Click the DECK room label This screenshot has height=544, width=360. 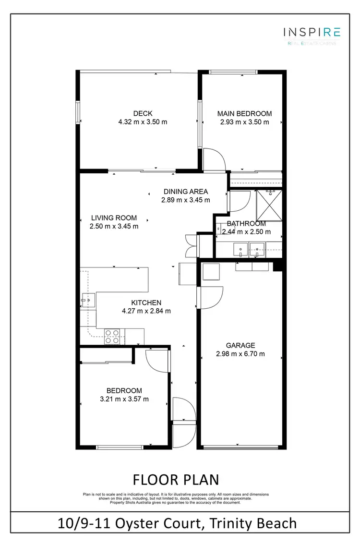[143, 113]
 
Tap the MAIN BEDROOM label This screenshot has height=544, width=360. [244, 114]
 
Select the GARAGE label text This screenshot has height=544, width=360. [240, 345]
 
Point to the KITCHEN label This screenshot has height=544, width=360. [146, 302]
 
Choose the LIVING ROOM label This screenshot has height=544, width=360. [114, 218]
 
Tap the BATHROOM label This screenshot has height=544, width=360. [246, 224]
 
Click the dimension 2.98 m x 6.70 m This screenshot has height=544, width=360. [240, 354]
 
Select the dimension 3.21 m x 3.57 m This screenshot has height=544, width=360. [124, 399]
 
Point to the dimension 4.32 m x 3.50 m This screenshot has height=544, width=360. [143, 122]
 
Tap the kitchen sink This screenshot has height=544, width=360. [87, 302]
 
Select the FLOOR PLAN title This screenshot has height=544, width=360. [176, 480]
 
